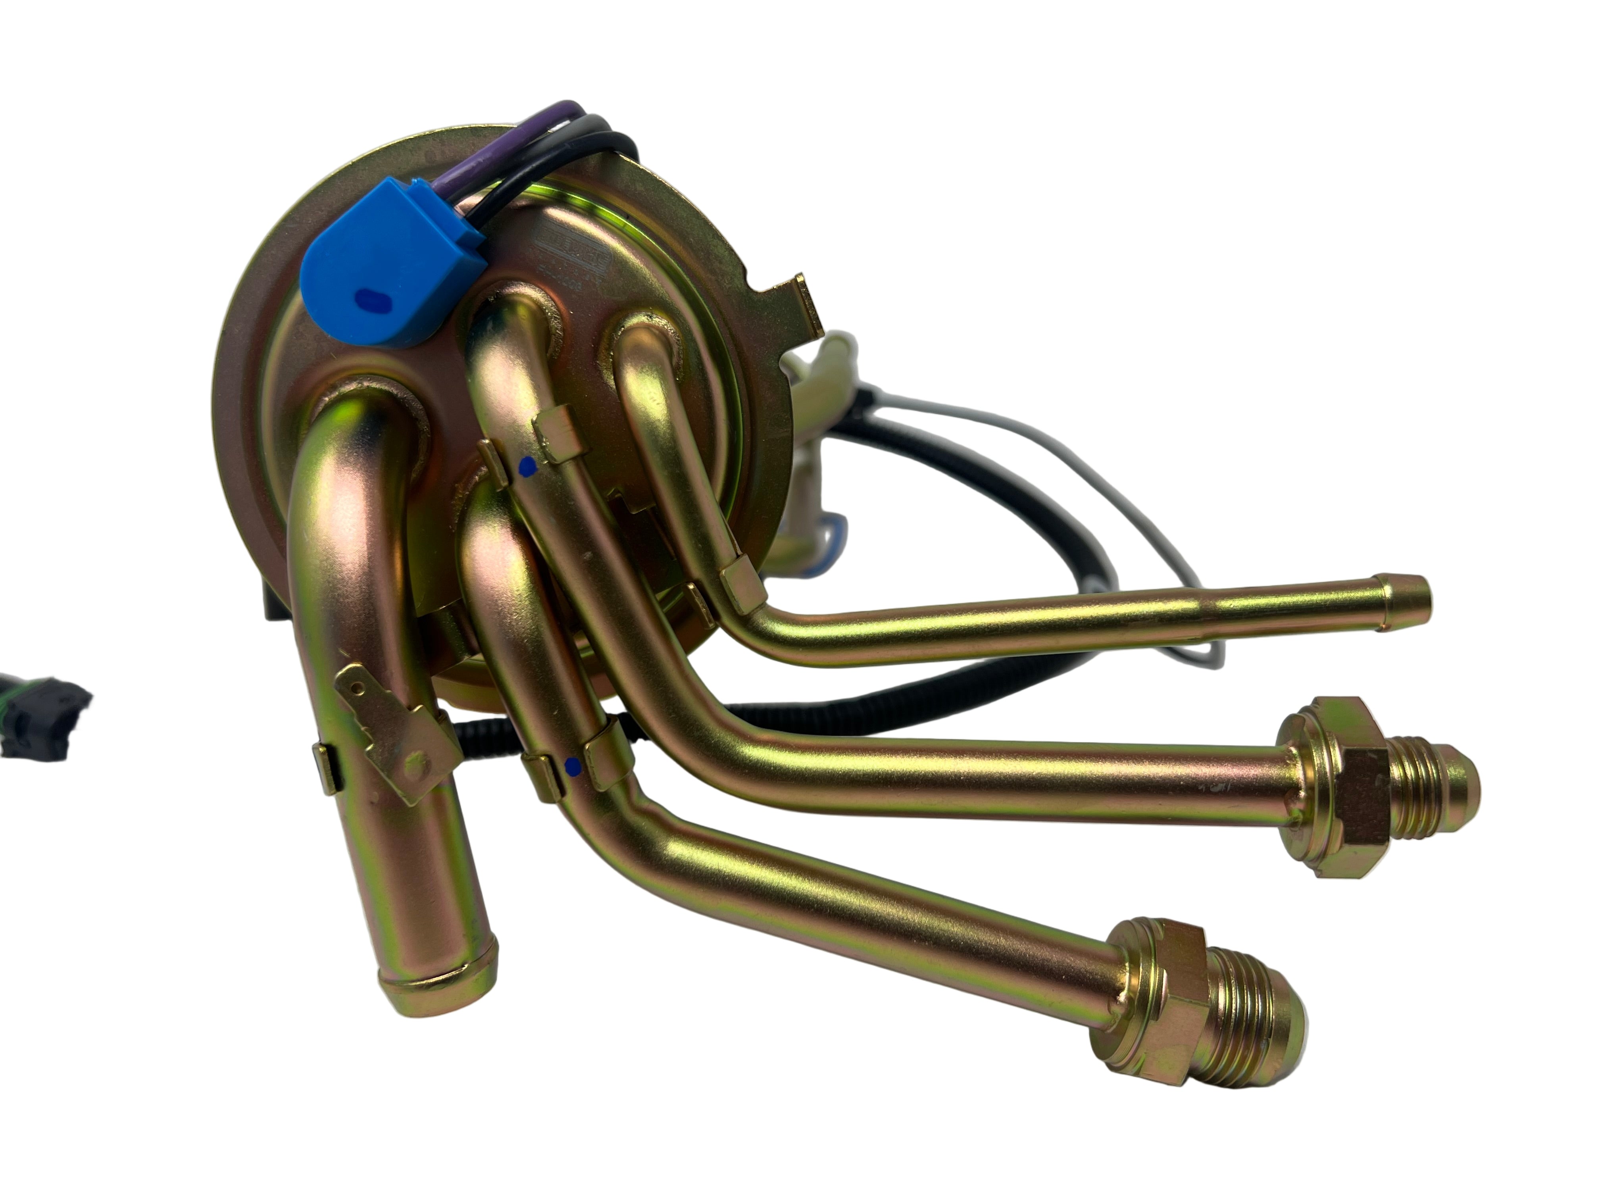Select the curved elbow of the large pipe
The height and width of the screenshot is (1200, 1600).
347,463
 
